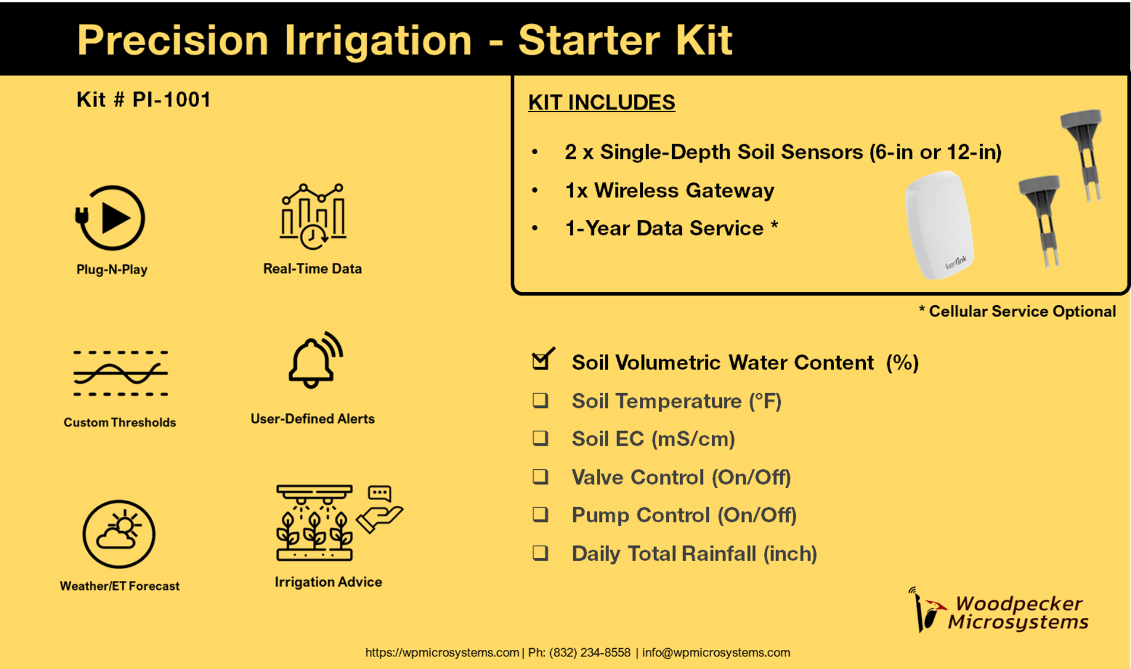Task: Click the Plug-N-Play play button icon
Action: tap(110, 218)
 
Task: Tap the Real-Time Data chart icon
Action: tap(313, 216)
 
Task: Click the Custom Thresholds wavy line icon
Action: tap(121, 373)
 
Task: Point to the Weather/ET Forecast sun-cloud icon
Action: tap(119, 534)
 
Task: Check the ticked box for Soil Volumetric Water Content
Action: tap(542, 359)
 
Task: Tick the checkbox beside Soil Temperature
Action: tap(540, 400)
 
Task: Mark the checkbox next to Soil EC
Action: tap(540, 438)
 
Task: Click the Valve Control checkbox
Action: tap(540, 476)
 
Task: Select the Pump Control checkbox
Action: tap(540, 514)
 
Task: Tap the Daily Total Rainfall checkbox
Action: tap(540, 553)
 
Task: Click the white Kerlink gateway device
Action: tap(939, 225)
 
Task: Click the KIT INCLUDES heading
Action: tap(601, 102)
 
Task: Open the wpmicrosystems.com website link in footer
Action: tap(442, 652)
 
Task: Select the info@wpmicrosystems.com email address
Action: tap(716, 652)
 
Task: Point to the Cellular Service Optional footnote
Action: tap(1017, 312)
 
